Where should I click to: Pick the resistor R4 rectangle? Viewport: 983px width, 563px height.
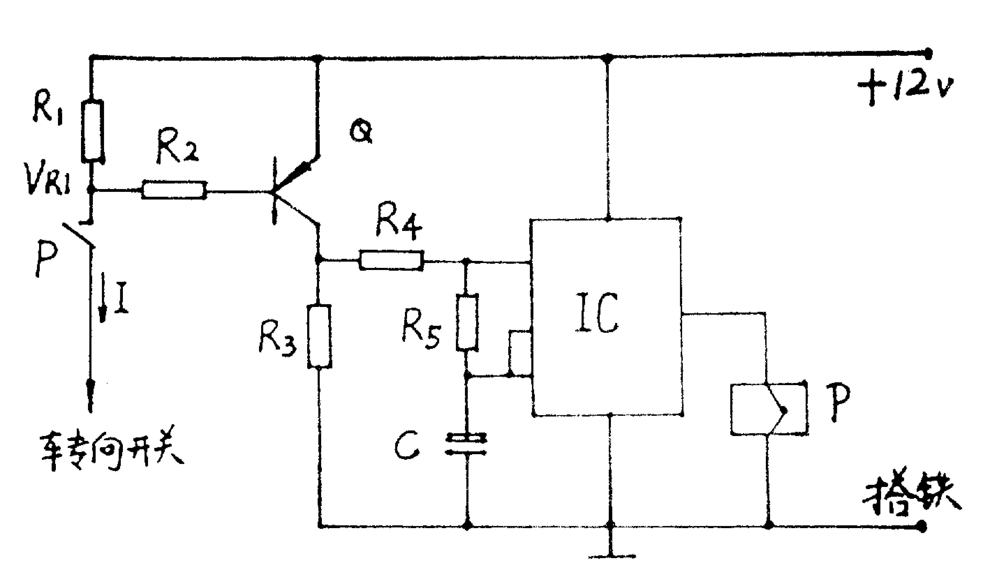pyautogui.click(x=391, y=260)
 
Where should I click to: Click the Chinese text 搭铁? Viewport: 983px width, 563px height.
pyautogui.click(x=911, y=498)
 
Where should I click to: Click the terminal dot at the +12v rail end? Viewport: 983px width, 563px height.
pyautogui.click(x=928, y=53)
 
